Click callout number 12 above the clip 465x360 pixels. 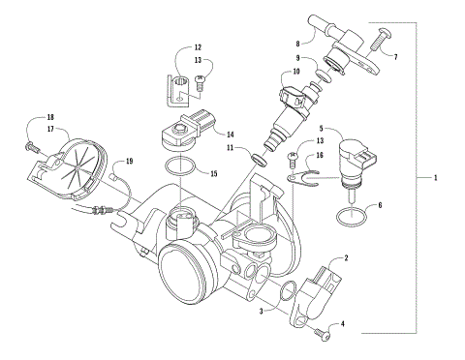198,47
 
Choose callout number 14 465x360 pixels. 230,134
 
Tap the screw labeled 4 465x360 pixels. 323,334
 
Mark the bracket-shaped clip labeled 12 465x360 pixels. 178,91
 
